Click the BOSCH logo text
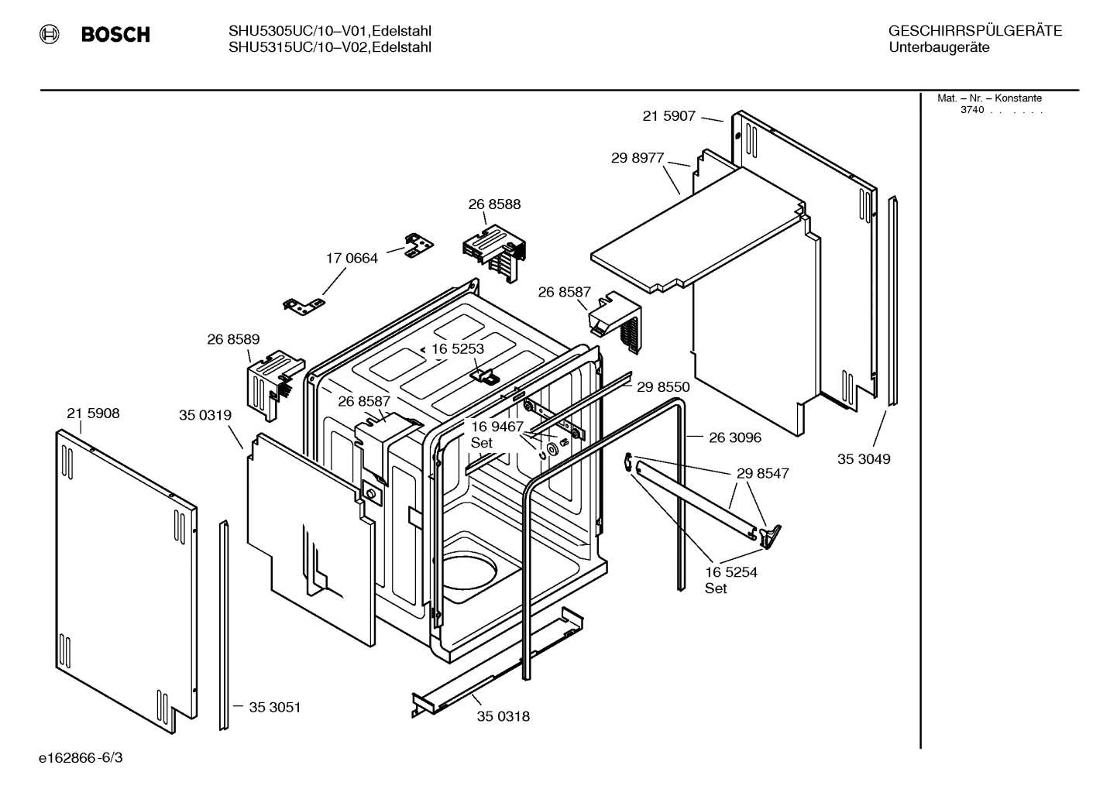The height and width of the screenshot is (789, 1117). click(115, 34)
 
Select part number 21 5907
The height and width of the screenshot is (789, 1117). click(668, 116)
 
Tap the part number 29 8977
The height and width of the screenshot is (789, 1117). click(638, 158)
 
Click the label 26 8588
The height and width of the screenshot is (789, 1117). click(494, 204)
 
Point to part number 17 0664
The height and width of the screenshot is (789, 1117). click(352, 259)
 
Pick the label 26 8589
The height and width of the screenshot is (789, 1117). click(233, 339)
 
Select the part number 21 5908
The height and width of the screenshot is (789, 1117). click(93, 413)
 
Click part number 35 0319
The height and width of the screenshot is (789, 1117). click(205, 416)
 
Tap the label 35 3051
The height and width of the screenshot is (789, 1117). click(275, 707)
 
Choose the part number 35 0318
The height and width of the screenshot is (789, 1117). click(504, 716)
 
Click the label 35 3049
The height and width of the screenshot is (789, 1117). click(864, 459)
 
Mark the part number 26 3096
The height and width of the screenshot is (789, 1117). click(735, 437)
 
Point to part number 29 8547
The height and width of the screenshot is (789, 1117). click(763, 473)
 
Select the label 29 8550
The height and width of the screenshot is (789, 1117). click(663, 387)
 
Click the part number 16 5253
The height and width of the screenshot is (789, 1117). click(458, 349)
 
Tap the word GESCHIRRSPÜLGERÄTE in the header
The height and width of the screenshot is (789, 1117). click(974, 32)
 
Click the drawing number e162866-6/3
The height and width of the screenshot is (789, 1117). click(81, 757)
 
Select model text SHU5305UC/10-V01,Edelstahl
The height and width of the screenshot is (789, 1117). click(330, 31)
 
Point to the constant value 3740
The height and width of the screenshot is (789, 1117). click(972, 110)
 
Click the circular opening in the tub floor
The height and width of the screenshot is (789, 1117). click(469, 576)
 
